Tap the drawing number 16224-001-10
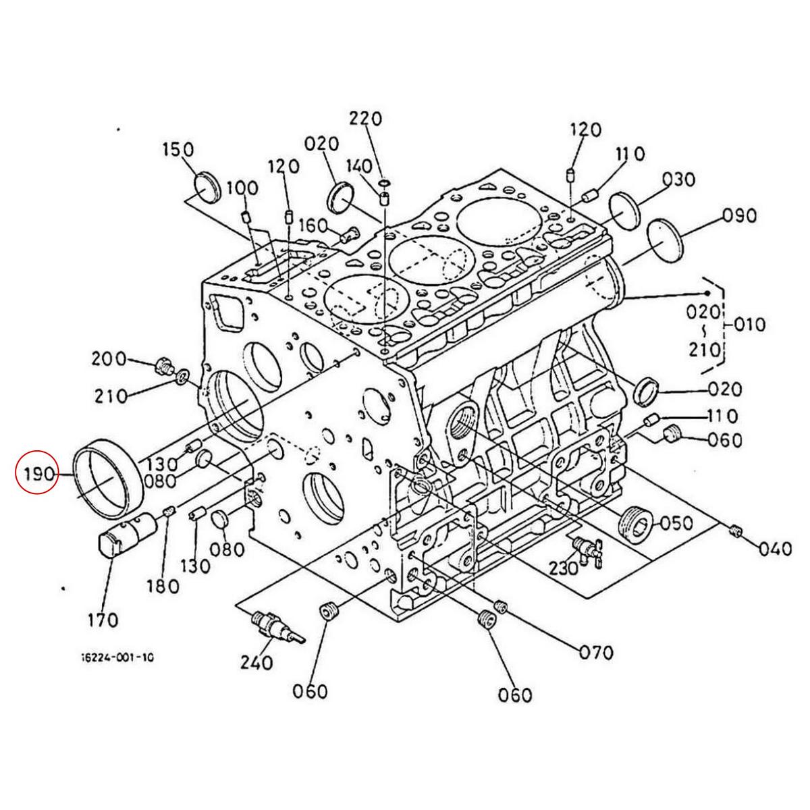pyautogui.click(x=117, y=669)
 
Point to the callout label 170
pyautogui.click(x=103, y=620)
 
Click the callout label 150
pyautogui.click(x=178, y=149)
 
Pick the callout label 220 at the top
pyautogui.click(x=366, y=119)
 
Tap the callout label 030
pyautogui.click(x=679, y=180)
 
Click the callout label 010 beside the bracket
pyautogui.click(x=751, y=325)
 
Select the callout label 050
pyautogui.click(x=676, y=523)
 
